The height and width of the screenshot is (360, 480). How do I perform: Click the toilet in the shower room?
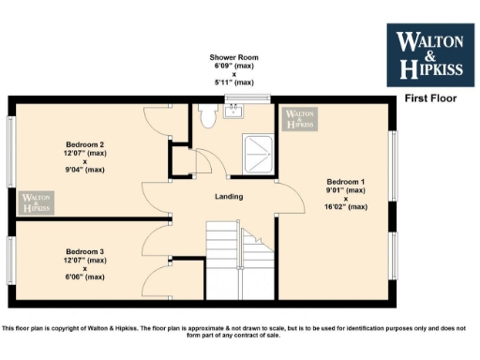click(x=207, y=113)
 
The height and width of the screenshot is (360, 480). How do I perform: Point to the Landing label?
click(x=229, y=197)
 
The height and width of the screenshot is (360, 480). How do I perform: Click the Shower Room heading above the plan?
click(x=233, y=58)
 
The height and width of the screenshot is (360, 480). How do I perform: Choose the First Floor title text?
click(x=428, y=97)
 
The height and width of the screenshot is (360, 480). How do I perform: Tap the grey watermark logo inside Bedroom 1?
click(x=300, y=119)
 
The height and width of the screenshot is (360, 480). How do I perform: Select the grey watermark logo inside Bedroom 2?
click(x=36, y=202)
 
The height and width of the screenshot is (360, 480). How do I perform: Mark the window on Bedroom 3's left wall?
click(x=11, y=259)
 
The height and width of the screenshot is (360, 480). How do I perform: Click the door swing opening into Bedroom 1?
click(x=292, y=202)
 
